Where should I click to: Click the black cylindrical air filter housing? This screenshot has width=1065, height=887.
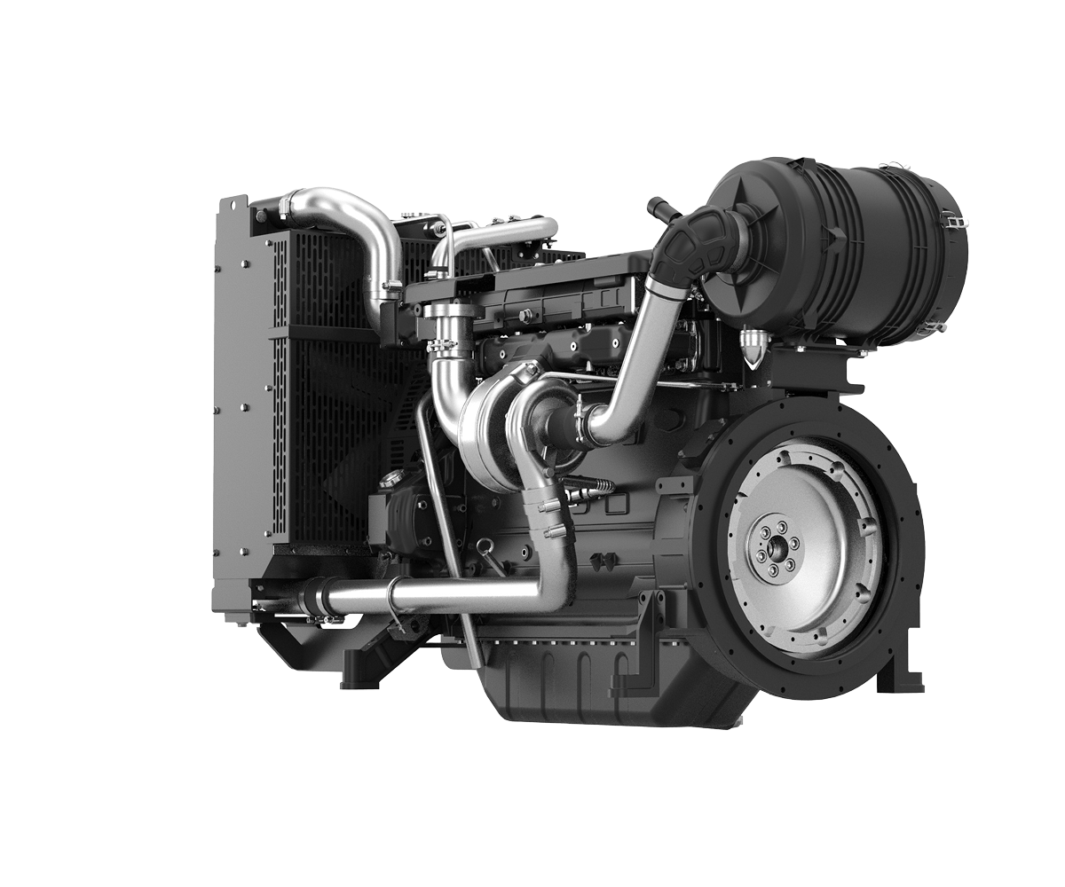coord(852,248)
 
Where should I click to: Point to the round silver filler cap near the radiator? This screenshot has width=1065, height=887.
coord(388,480)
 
